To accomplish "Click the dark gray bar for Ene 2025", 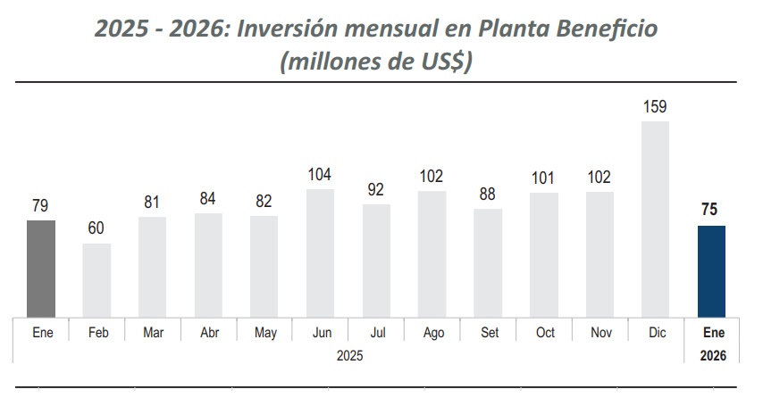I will click(41, 268).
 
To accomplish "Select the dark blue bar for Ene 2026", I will click(711, 271).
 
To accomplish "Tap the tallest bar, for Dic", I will click(655, 219).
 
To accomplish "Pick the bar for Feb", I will click(96, 279).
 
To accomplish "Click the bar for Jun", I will click(320, 253).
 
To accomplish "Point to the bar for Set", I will click(488, 262).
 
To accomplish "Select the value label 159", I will click(655, 107).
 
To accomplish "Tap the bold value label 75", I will click(711, 211).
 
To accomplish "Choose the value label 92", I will click(376, 190).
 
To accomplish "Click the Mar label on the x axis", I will click(153, 333).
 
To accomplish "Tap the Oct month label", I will click(544, 333).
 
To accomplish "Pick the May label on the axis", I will click(264, 333).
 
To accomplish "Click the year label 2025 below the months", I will click(350, 355).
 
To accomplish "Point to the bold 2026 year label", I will click(712, 355).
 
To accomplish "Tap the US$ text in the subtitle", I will click(442, 63).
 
